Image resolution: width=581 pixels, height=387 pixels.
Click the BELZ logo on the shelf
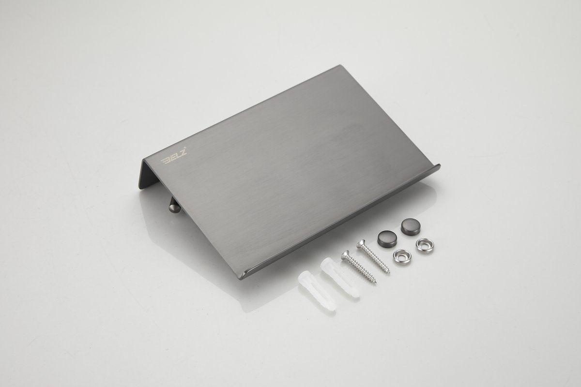coord(174,157)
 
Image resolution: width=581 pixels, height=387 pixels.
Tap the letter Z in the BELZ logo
coord(183,153)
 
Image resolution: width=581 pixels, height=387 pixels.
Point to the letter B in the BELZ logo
coord(165,161)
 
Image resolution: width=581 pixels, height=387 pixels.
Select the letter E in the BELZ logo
coord(171,158)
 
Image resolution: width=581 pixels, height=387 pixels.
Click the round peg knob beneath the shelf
coord(173,207)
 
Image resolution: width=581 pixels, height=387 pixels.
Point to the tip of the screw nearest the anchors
coord(375,283)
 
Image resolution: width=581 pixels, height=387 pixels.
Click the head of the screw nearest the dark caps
coord(361,244)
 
